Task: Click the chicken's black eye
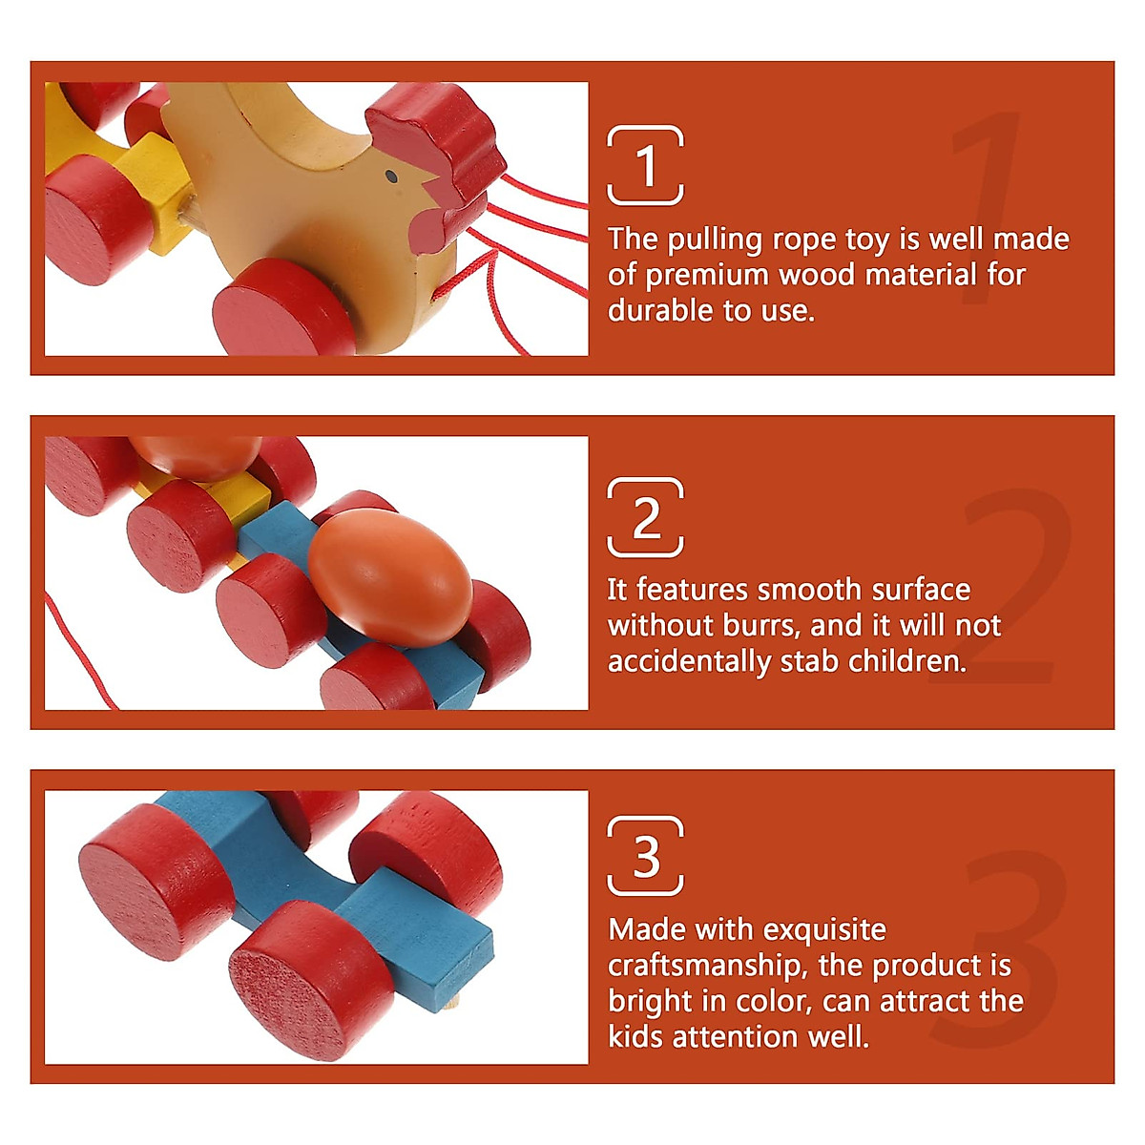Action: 391,177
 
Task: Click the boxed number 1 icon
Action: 646,165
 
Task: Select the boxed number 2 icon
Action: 646,517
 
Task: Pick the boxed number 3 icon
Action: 646,855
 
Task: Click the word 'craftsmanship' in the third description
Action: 703,966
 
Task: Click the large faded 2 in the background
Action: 1011,587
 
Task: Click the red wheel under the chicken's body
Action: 283,307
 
